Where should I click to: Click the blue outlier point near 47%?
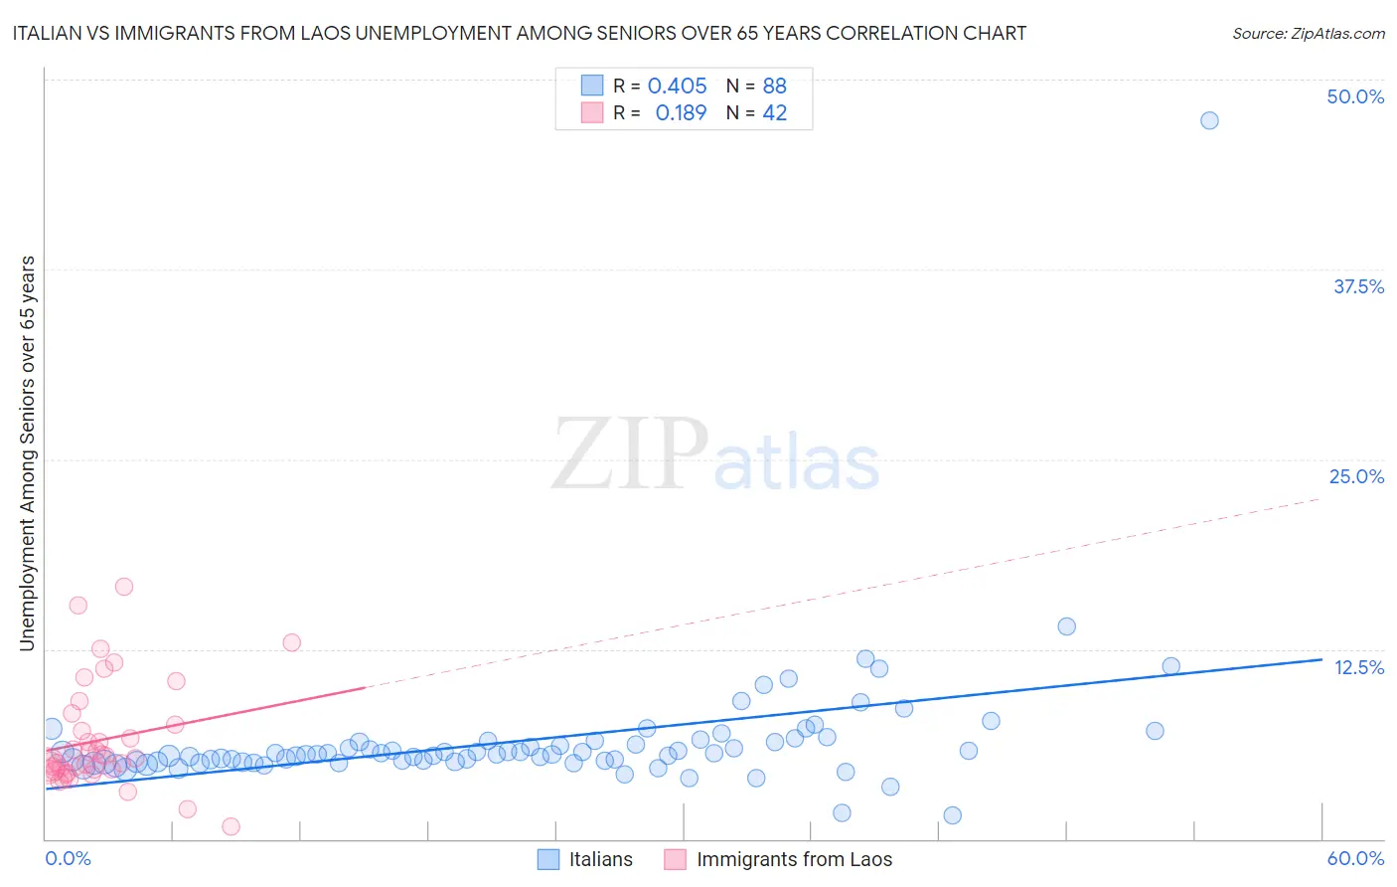1208,120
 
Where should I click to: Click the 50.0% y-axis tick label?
1355,96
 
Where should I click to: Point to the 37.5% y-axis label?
1358,286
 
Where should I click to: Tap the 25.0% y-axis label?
1356,476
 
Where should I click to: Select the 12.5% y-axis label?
1358,667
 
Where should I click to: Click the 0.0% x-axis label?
68,858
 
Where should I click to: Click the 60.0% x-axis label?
1355,858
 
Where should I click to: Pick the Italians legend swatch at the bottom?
548,859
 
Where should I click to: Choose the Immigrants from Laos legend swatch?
676,859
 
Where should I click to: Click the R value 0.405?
677,86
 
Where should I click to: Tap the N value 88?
774,86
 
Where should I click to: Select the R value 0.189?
681,113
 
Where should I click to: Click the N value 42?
774,113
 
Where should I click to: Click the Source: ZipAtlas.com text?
1308,33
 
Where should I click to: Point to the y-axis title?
27,453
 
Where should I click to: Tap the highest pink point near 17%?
124,587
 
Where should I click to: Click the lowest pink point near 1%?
231,826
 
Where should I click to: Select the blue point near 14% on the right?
1066,626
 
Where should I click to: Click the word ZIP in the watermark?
630,454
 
